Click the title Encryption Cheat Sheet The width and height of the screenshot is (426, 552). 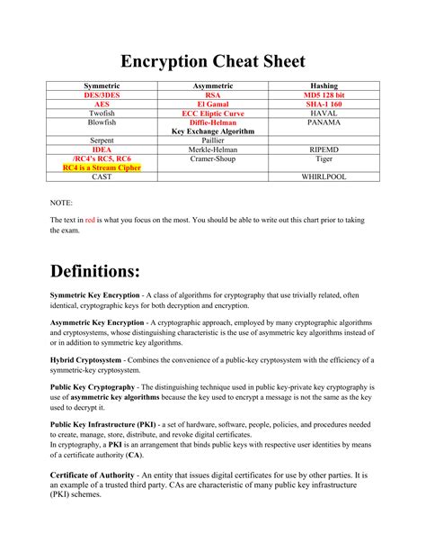pyautogui.click(x=213, y=61)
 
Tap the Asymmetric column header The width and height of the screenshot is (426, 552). pyautogui.click(x=212, y=86)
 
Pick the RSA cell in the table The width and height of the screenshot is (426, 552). pyautogui.click(x=212, y=95)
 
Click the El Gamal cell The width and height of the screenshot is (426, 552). pyautogui.click(x=212, y=104)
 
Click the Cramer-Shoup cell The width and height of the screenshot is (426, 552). pyautogui.click(x=212, y=158)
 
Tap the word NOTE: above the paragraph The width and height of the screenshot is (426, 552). pyautogui.click(x=61, y=204)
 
